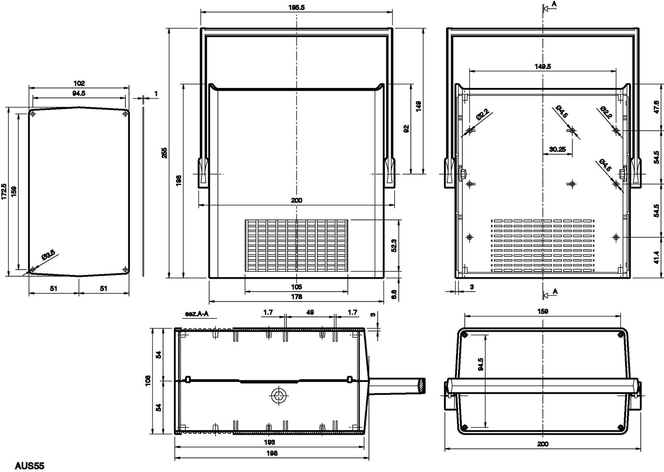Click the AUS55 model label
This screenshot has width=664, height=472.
(29, 465)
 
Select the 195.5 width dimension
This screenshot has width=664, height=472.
(296, 8)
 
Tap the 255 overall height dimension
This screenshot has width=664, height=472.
(164, 153)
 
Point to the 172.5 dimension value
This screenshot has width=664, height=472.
(4, 191)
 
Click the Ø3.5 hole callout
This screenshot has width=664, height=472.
(48, 255)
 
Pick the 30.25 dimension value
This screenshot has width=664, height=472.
(557, 149)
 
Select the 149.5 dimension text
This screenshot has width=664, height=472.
(543, 66)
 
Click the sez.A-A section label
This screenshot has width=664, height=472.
(197, 314)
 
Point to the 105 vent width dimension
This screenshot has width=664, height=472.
(296, 287)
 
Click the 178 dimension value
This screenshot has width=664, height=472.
(296, 297)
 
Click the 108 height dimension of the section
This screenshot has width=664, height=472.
(148, 380)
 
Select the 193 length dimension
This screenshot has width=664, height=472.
(269, 442)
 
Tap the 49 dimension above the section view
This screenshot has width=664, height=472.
(310, 312)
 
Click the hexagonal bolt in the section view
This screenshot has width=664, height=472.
(279, 396)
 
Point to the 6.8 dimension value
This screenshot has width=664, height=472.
(394, 294)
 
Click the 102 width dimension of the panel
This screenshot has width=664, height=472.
(79, 83)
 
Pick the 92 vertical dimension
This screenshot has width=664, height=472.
(406, 129)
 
